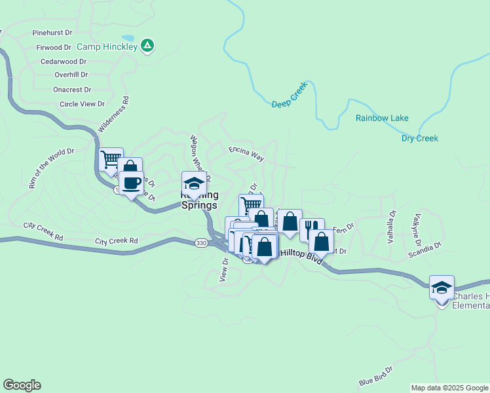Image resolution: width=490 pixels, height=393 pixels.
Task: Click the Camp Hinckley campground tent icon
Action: pyautogui.click(x=148, y=46)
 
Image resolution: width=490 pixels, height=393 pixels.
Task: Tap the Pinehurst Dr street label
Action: pyautogui.click(x=52, y=32)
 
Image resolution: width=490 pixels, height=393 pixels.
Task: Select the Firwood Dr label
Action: pyautogui.click(x=54, y=47)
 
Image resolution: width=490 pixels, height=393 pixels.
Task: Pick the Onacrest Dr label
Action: pyautogui.click(x=72, y=90)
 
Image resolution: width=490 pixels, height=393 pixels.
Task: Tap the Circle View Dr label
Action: pyautogui.click(x=82, y=103)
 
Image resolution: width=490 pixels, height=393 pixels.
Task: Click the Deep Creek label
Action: pyautogui.click(x=289, y=103)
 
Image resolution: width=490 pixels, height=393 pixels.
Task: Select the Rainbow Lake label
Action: pyautogui.click(x=382, y=119)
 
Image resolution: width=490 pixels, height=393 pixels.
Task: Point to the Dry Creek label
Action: pyautogui.click(x=419, y=138)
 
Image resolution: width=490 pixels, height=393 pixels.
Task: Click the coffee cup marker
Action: pyautogui.click(x=131, y=183)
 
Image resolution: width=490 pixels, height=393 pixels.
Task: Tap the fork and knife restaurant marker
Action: pyautogui.click(x=311, y=229)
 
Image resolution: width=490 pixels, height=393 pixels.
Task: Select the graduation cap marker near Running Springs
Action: pyautogui.click(x=194, y=183)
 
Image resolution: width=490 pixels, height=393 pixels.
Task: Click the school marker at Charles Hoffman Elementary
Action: pyautogui.click(x=442, y=287)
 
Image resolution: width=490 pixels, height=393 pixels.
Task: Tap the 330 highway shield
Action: pyautogui.click(x=201, y=242)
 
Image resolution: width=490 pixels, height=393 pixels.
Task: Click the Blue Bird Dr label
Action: pyautogui.click(x=376, y=377)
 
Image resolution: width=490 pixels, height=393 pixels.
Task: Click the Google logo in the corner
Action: pyautogui.click(x=22, y=385)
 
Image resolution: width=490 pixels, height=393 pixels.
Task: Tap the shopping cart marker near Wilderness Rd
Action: pyautogui.click(x=111, y=159)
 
